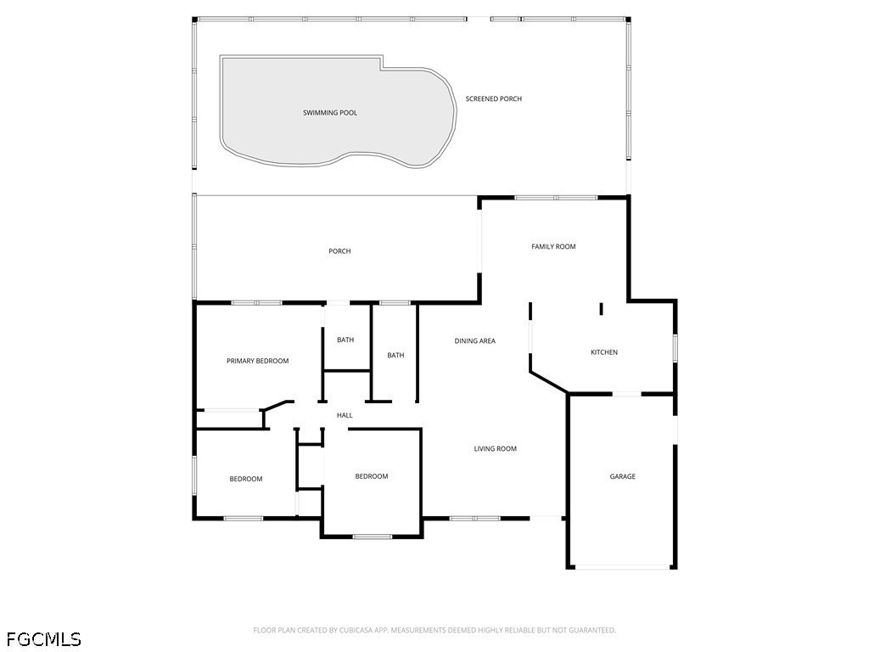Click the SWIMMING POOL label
330,113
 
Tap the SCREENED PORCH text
493,99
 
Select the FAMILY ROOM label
553,247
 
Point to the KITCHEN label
604,352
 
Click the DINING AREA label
474,341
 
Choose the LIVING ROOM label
495,449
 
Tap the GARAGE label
622,477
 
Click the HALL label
345,415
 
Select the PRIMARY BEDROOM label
257,361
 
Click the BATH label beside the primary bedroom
345,340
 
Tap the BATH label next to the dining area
395,356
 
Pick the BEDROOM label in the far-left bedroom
246,480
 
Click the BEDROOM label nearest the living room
371,476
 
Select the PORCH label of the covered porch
339,251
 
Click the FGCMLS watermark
43,638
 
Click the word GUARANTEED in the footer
591,630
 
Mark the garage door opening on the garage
622,567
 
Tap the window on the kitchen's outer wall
676,349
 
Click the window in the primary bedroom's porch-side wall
256,302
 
